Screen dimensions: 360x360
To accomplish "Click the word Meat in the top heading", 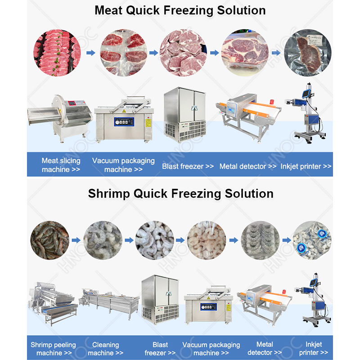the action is [108, 10].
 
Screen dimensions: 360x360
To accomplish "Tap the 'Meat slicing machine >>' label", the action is [61, 165].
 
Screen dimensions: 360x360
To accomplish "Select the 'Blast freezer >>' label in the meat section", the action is [188, 166].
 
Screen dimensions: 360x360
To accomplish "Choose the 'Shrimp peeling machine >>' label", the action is [53, 348].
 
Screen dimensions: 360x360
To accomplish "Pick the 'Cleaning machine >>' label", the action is [106, 348].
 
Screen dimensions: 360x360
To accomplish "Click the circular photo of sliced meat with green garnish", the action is [57, 53].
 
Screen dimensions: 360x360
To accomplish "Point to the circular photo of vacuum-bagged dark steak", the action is [308, 53].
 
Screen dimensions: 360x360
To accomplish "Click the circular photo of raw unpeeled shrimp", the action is [50, 240].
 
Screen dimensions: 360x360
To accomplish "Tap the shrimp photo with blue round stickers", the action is [312, 240].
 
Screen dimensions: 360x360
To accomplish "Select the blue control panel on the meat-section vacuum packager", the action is [124, 122].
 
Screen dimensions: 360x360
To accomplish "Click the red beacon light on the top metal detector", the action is [272, 102].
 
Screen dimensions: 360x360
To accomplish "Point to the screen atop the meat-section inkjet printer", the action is [306, 93].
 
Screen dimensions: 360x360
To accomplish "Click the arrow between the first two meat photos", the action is [91, 53].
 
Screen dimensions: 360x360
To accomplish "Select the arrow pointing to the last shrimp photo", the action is [287, 240].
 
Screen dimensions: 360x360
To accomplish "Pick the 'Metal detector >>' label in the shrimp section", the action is [265, 348].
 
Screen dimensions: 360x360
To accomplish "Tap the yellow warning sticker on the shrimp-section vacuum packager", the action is [229, 308].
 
